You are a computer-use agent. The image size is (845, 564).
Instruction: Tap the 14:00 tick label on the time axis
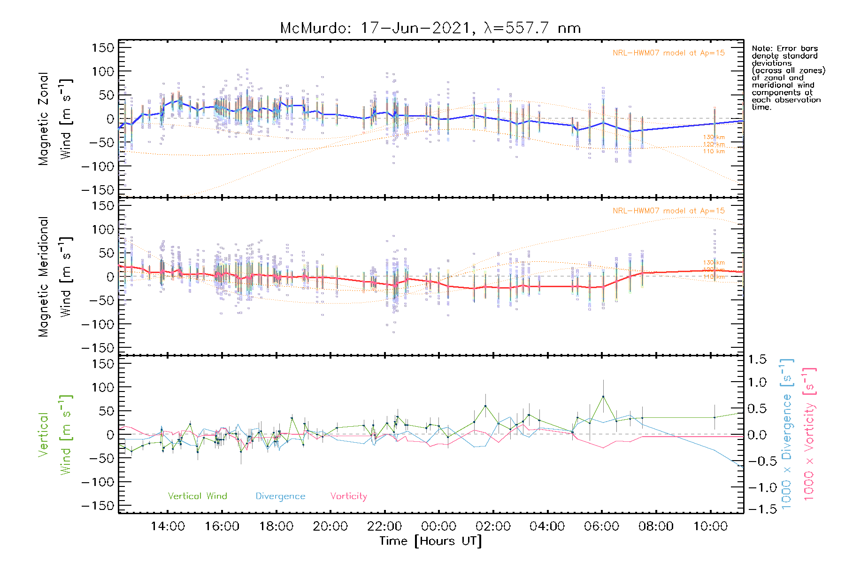pyautogui.click(x=168, y=526)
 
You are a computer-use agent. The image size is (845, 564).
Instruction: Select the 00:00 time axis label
pyautogui.click(x=439, y=526)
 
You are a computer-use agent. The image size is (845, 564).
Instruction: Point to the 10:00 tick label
pyautogui.click(x=710, y=526)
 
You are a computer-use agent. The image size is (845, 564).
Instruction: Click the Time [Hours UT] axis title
pyautogui.click(x=430, y=541)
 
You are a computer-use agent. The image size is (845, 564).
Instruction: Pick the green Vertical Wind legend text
pyautogui.click(x=197, y=496)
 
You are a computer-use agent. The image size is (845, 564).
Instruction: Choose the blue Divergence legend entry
pyautogui.click(x=280, y=496)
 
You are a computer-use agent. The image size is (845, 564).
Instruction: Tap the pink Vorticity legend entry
pyautogui.click(x=348, y=496)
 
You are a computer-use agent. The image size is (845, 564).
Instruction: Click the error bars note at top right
pyautogui.click(x=788, y=78)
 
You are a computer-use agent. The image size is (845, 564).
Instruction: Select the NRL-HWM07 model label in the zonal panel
pyautogui.click(x=668, y=53)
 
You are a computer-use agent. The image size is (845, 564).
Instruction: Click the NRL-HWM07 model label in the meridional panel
pyautogui.click(x=668, y=211)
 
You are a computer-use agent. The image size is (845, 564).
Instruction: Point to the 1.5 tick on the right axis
pyautogui.click(x=757, y=360)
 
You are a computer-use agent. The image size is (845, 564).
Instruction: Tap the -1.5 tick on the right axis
pyautogui.click(x=757, y=509)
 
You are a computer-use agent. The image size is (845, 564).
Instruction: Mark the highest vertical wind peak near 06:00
pyautogui.click(x=603, y=397)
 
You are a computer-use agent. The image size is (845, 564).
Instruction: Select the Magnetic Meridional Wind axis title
pyautogui.click(x=55, y=277)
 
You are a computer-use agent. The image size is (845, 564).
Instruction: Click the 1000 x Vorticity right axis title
pyautogui.click(x=809, y=434)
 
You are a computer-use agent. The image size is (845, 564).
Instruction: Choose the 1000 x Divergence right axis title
pyautogui.click(x=787, y=434)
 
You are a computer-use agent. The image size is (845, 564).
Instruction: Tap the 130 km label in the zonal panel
pyautogui.click(x=714, y=137)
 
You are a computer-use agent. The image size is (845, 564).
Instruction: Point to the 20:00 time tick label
pyautogui.click(x=330, y=526)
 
